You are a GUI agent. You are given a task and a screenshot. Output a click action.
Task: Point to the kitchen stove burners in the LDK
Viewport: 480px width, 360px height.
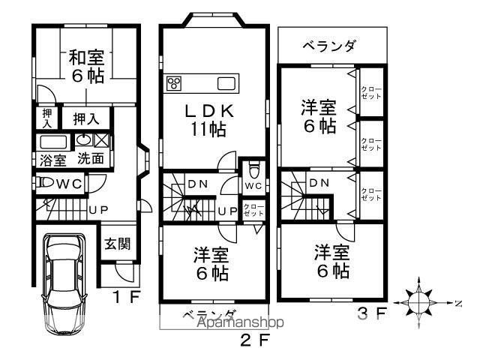[174, 82]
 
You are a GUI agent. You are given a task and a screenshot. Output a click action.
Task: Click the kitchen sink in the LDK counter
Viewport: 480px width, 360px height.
[226, 82]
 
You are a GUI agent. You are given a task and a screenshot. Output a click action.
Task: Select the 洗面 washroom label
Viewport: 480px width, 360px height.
[91, 160]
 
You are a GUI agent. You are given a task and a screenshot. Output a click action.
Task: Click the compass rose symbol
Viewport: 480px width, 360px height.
[419, 301]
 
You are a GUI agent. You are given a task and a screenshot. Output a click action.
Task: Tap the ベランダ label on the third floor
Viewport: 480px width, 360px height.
[329, 46]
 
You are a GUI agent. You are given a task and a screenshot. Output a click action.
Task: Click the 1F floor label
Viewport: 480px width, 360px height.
[126, 296]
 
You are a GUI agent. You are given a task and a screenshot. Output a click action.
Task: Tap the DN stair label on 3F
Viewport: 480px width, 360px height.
[318, 182]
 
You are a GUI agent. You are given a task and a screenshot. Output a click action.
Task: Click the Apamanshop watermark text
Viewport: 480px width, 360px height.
[238, 323]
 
